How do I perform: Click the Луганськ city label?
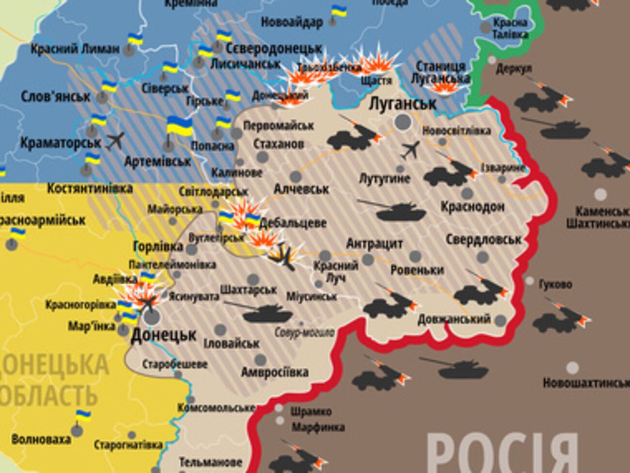point(402,103)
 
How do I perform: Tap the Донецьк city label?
point(164,335)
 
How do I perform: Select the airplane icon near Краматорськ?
point(115,141)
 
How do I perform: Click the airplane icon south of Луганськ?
point(410,150)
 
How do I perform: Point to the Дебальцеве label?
point(293,223)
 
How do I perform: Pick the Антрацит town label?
point(374,243)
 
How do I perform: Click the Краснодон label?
point(472,207)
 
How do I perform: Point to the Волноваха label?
point(41,440)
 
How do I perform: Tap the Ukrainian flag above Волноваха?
point(83,416)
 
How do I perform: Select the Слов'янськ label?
point(55,97)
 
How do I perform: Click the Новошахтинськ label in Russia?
point(585,383)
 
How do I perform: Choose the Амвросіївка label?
point(274,372)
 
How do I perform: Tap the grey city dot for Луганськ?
point(403,122)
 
